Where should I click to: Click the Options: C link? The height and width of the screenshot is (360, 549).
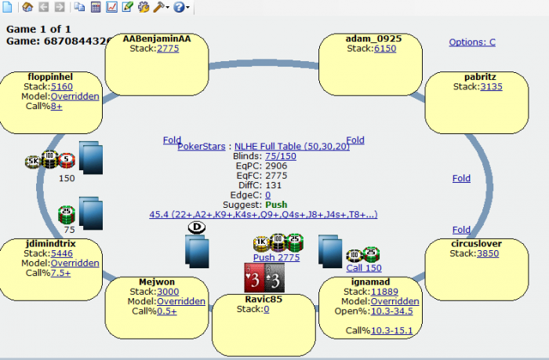coord(472,42)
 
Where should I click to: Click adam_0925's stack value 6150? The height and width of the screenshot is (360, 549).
coord(385,49)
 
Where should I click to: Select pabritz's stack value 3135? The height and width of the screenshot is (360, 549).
coord(491,87)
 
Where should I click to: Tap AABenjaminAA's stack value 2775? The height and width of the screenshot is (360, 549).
coord(168,49)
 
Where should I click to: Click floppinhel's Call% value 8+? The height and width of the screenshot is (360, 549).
coord(56,107)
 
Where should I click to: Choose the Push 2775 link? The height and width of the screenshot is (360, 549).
coord(276,257)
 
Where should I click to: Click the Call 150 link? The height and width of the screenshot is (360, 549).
coord(364,267)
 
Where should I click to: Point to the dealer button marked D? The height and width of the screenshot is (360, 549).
coord(195,227)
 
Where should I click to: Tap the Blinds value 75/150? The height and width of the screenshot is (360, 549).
coord(281,156)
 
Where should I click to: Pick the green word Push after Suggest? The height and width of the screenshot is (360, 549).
coord(275,205)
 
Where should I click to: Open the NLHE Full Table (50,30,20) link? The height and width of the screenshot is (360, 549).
coord(286,146)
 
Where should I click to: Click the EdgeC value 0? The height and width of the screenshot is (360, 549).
coord(267,195)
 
